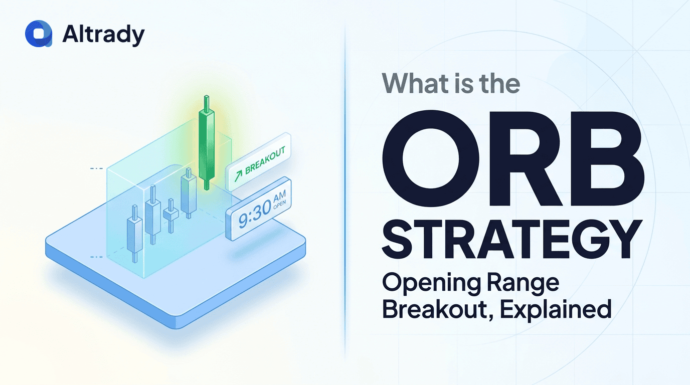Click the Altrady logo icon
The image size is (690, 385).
coord(39,34)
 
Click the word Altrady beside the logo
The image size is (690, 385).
coord(103,34)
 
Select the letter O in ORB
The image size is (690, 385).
coord(431,158)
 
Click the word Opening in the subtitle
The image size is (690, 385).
coord(431,284)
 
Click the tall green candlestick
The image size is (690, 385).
coord(207,142)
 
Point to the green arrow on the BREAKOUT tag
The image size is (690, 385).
coord(238,176)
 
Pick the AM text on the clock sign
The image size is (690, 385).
coord(279,196)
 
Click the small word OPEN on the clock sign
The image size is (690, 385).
coord(280,204)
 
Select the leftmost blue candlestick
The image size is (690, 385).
coord(134,234)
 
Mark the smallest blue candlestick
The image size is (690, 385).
coord(170,215)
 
